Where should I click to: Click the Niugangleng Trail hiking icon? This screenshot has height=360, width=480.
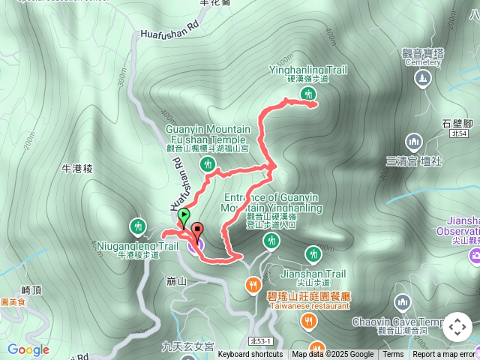pyautogui.click(x=137, y=226)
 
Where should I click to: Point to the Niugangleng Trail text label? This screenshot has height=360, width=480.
pyautogui.click(x=137, y=245)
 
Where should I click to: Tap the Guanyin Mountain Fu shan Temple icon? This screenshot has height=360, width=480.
pyautogui.click(x=208, y=164)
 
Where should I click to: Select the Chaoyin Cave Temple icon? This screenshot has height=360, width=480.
pyautogui.click(x=402, y=302)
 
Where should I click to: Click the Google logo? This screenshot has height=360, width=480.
pyautogui.click(x=28, y=349)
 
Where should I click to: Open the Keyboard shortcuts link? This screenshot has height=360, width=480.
pyautogui.click(x=250, y=355)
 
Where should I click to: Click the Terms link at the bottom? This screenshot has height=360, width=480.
pyautogui.click(x=393, y=355)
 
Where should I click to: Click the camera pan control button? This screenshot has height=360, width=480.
pyautogui.click(x=457, y=326)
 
